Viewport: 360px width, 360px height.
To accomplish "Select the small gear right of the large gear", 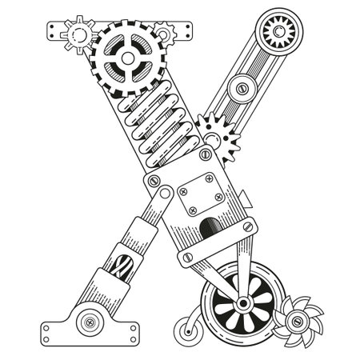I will coord(166,33).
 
